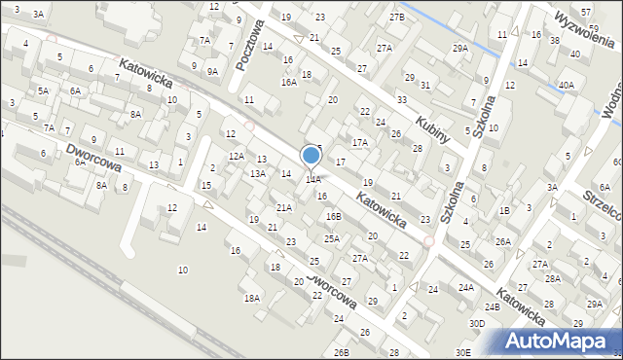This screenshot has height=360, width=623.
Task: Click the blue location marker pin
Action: [311, 157]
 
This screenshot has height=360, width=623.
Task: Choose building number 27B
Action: [396, 18]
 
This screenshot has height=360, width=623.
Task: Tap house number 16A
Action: [289, 83]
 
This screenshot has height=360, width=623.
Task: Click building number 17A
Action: [360, 143]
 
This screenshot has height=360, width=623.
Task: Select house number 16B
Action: [334, 216]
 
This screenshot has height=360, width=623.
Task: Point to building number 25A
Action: [332, 238]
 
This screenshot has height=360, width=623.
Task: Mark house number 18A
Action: [252, 298]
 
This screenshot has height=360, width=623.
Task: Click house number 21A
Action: [283, 208]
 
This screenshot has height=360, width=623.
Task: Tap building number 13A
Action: [258, 173]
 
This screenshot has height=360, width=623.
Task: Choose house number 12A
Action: [237, 156]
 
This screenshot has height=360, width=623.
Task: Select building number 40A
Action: [566, 86]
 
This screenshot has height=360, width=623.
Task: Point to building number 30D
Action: [476, 323]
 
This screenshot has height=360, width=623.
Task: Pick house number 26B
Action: [341, 352]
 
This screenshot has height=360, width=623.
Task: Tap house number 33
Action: [401, 100]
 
